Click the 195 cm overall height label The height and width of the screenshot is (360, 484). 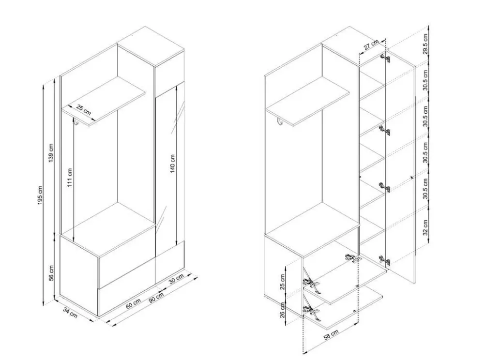40,196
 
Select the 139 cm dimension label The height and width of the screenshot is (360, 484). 51,153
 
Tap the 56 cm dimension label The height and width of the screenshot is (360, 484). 52,273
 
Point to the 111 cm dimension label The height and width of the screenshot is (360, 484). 70,178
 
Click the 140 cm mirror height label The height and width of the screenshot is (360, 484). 172,164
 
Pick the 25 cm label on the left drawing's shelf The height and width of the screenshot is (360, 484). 84,110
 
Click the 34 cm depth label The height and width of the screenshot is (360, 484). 70,313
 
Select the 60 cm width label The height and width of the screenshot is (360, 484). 134,304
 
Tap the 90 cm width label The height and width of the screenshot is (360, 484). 156,298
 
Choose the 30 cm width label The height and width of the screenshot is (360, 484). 176,279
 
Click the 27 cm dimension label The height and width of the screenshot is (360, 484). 371,45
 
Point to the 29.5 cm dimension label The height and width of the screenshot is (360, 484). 425,44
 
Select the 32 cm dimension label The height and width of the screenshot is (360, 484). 425,227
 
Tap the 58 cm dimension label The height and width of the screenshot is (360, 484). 331,335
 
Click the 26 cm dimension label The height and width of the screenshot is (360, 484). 283,310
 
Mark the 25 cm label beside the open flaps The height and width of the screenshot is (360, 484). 283,282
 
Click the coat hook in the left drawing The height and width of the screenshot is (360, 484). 75,122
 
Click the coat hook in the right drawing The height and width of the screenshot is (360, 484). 280,122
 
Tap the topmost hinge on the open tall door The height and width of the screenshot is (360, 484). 385,58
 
